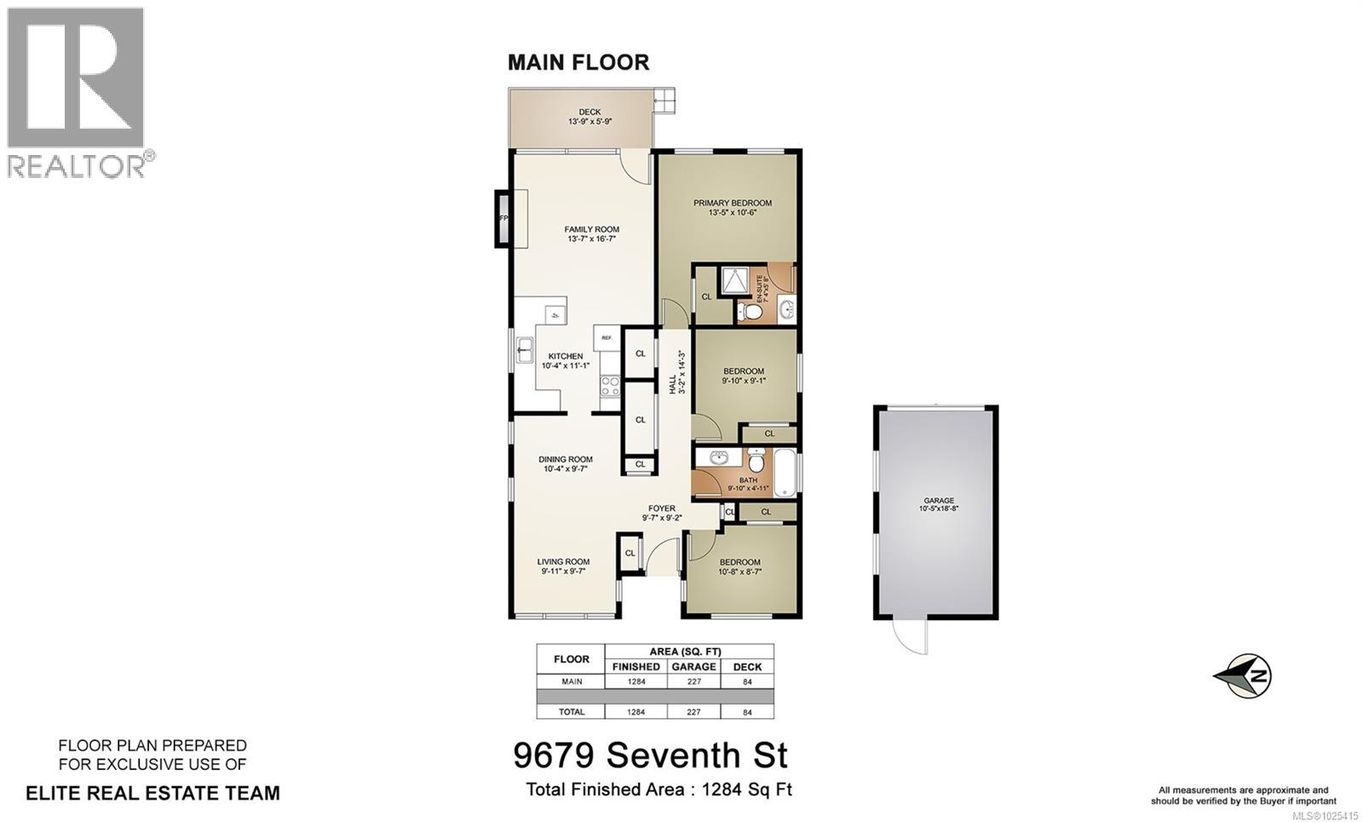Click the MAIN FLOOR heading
578,62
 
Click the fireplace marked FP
503,219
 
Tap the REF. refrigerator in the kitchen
607,338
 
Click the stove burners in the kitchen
610,387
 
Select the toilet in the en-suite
750,311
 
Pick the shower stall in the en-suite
733,279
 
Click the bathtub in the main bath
785,473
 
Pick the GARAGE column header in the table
693,667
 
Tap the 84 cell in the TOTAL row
747,712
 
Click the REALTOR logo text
77,166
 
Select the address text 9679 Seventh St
650,755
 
